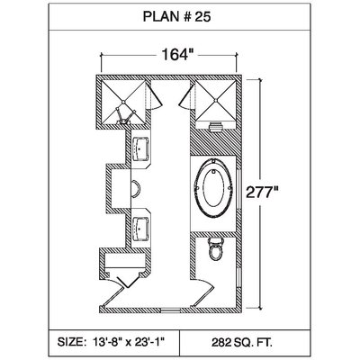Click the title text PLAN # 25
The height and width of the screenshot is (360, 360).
(177, 17)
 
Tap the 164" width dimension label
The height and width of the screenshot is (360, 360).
(176, 55)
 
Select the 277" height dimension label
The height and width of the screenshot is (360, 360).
(261, 192)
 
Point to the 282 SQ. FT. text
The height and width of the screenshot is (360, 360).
(242, 342)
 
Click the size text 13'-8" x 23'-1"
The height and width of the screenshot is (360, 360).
(112, 342)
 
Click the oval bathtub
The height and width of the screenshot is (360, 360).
(213, 188)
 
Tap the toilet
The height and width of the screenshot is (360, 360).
(216, 248)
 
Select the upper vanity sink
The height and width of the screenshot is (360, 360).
(140, 149)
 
